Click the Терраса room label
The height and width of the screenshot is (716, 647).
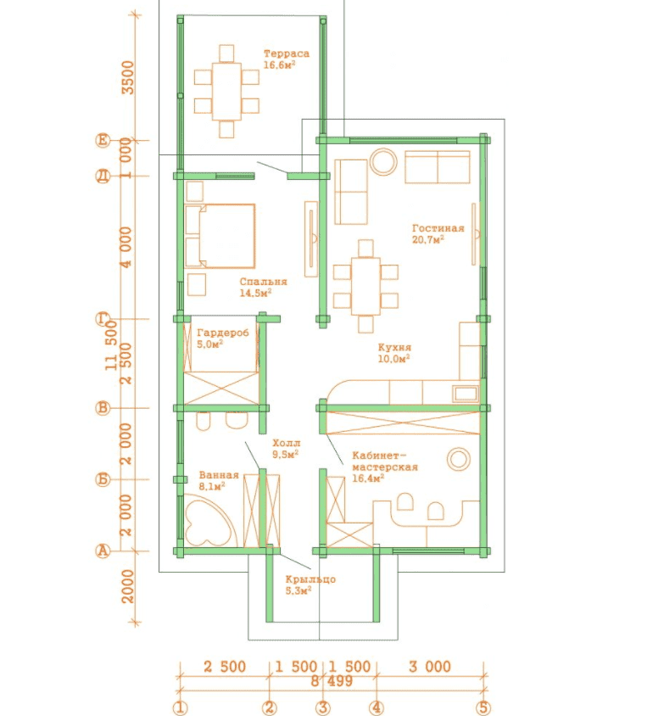click(287, 53)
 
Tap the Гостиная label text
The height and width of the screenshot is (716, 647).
click(438, 228)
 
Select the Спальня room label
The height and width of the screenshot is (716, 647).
click(263, 282)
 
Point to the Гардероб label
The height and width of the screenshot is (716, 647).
click(223, 333)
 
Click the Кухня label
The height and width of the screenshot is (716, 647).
click(394, 348)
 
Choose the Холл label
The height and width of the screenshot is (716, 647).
click(287, 443)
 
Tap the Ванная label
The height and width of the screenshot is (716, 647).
click(219, 475)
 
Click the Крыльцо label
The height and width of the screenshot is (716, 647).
click(310, 579)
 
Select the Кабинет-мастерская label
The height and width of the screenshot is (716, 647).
click(385, 461)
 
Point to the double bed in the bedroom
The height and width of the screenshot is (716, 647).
click(220, 236)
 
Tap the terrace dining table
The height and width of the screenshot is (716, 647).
click(226, 92)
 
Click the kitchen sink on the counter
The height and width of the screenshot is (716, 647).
click(466, 393)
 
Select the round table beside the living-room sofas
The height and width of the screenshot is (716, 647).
click(383, 162)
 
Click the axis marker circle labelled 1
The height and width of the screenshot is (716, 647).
click(181, 708)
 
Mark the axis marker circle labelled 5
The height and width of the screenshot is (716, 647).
click(482, 708)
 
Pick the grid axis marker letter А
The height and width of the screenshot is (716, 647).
click(103, 551)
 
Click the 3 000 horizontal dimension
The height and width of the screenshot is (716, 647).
click(429, 667)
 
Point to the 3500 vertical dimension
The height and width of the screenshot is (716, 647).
click(128, 78)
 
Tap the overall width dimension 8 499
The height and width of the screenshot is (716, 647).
click(332, 681)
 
